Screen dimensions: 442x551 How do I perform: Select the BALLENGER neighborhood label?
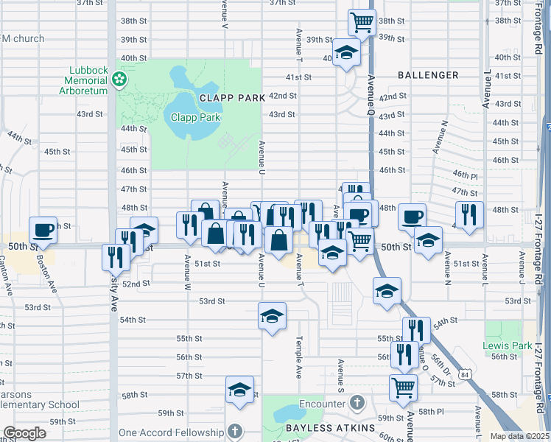click(x=428, y=75)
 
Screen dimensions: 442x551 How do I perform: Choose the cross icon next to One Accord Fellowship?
click(x=234, y=432)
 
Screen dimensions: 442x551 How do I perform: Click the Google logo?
click(x=25, y=433)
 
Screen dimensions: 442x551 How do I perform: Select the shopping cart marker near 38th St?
click(x=362, y=22)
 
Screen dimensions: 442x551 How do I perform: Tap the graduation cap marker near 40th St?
click(x=345, y=52)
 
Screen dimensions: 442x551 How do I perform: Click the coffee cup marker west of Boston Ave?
click(x=43, y=230)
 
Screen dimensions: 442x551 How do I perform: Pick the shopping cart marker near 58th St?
click(x=404, y=387)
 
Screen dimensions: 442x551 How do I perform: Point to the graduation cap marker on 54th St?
click(x=272, y=317)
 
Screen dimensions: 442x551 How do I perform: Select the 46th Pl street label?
click(x=466, y=173)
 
